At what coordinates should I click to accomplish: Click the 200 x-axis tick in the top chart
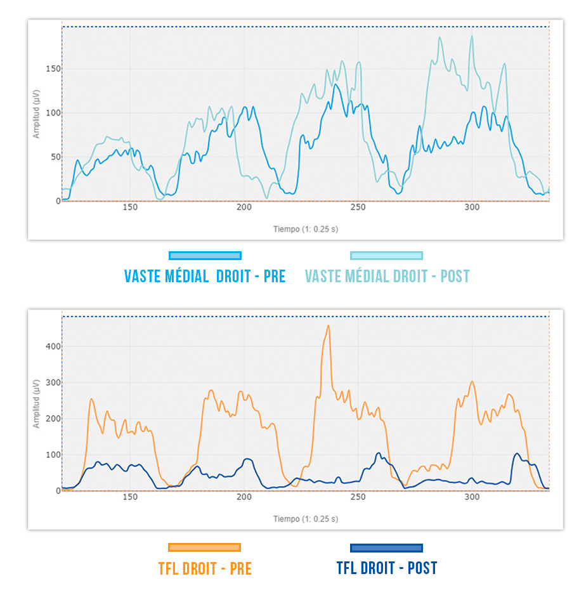[244, 207]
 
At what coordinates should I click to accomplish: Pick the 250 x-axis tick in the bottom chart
[358, 497]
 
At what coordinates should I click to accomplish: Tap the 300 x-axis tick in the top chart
[472, 207]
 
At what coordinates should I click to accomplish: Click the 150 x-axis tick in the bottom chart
[129, 497]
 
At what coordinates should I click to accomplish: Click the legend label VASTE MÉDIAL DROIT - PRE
[205, 277]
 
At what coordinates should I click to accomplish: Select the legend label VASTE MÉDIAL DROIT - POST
[387, 277]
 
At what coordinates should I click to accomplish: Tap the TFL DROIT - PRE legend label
[205, 568]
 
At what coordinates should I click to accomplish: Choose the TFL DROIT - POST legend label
[387, 568]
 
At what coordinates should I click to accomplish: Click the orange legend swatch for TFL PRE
[205, 547]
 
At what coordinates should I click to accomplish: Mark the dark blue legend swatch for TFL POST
[387, 547]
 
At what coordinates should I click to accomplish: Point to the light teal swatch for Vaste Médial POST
[387, 256]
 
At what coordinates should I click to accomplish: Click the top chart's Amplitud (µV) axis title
[37, 114]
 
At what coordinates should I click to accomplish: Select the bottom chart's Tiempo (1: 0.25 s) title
[306, 519]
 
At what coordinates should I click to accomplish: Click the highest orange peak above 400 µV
[328, 326]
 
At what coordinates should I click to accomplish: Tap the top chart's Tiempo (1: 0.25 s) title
[306, 229]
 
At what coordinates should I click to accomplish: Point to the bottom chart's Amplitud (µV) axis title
[37, 403]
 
